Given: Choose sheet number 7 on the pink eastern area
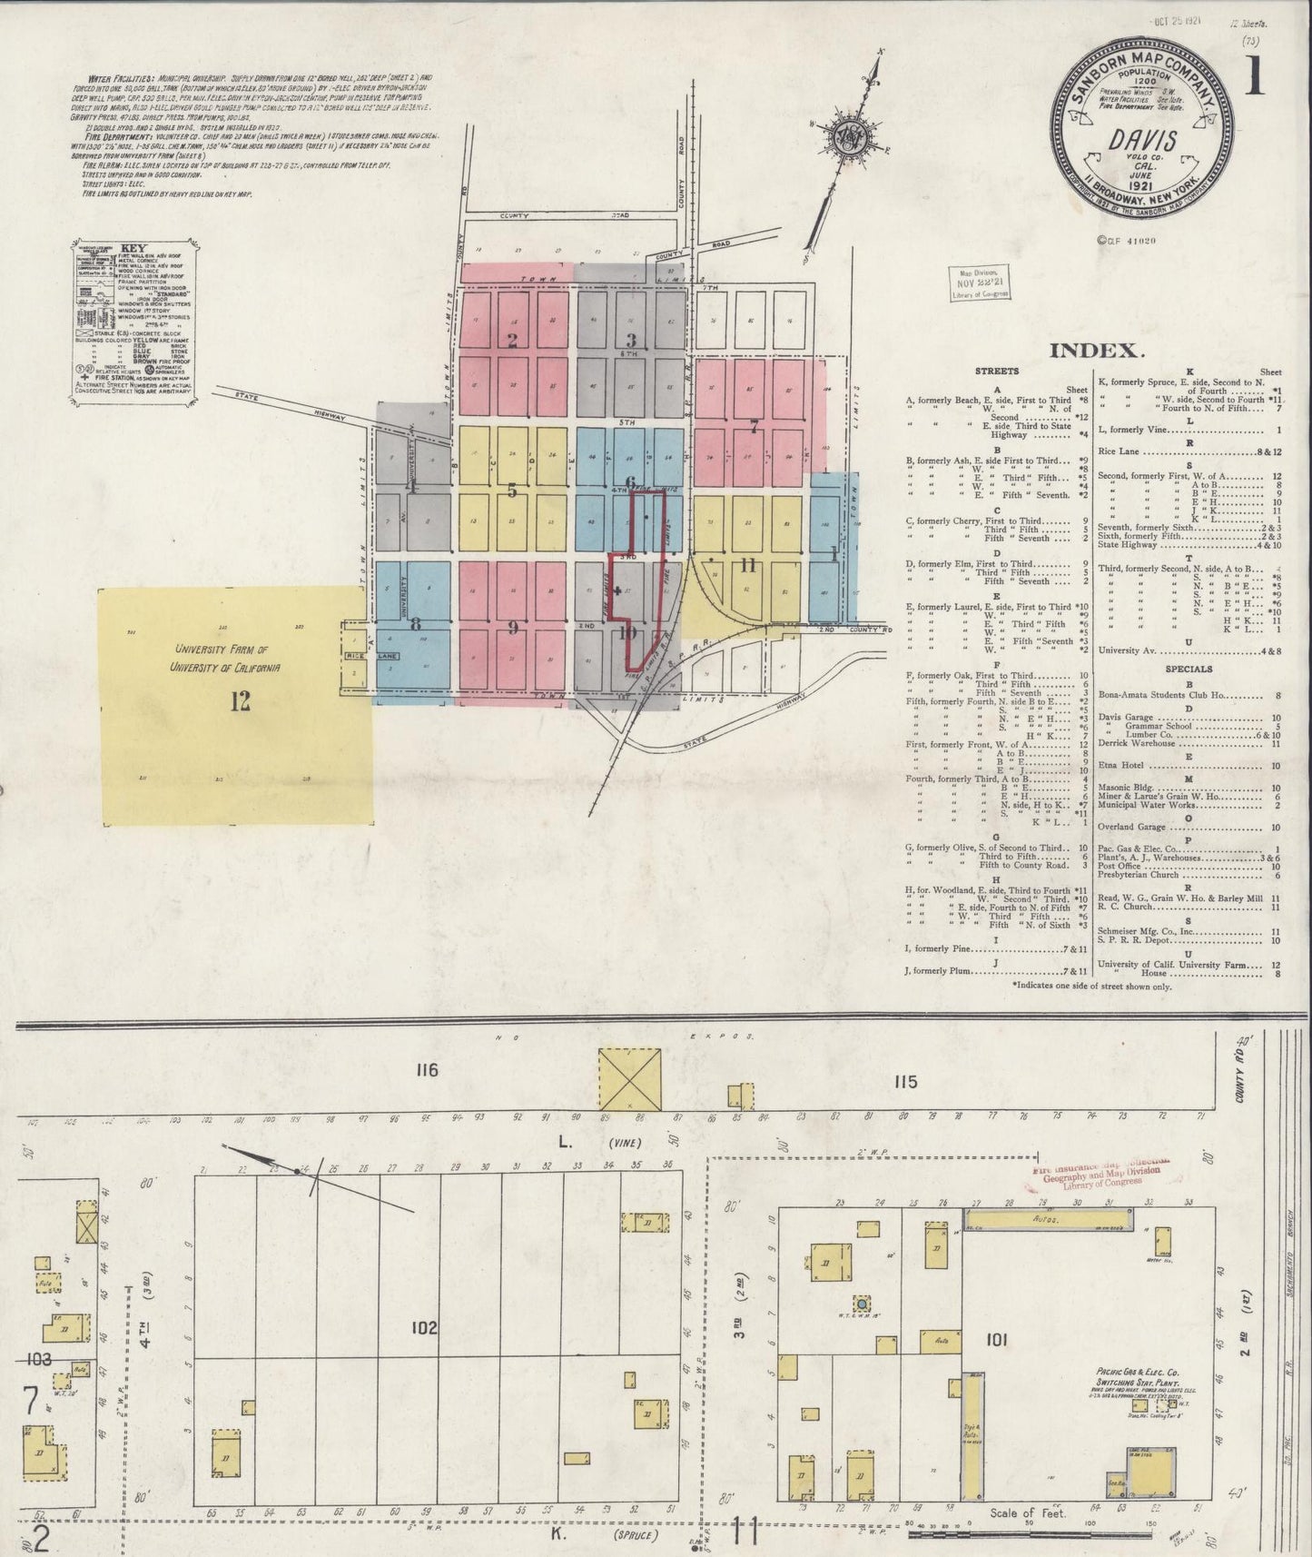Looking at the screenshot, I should coord(753,427).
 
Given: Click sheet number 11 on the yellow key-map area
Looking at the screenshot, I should coord(747,566).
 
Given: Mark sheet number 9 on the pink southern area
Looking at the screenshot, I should coord(512,626).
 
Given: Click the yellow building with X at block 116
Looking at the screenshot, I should coord(628,1078).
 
